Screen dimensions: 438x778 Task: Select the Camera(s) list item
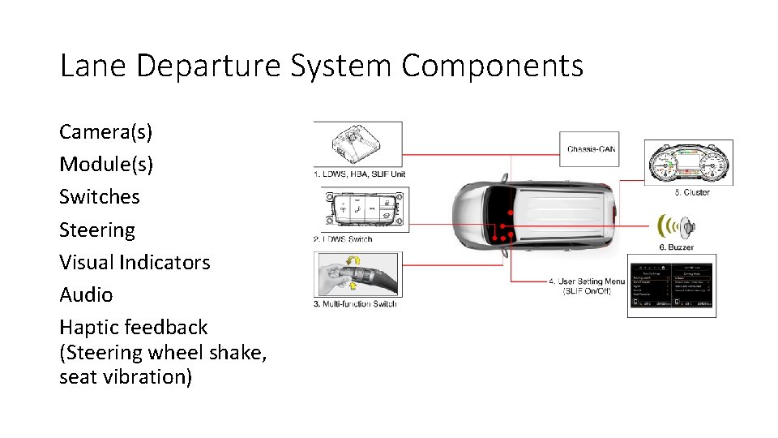tap(106, 131)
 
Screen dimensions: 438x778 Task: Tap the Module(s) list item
tap(106, 165)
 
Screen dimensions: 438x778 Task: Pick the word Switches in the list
tap(100, 197)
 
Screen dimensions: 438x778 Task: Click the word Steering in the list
tap(97, 230)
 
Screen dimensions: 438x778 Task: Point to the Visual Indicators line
tap(135, 263)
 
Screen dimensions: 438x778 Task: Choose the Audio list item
tap(86, 295)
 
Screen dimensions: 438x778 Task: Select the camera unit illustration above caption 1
tap(358, 144)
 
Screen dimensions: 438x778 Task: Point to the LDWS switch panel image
tap(361, 209)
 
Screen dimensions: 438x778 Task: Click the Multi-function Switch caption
tap(355, 304)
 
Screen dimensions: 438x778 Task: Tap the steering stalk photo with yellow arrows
tap(356, 275)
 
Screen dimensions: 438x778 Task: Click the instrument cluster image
tap(689, 163)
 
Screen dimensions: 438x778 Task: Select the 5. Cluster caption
tap(691, 193)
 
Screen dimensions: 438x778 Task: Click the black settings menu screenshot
tap(672, 285)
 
